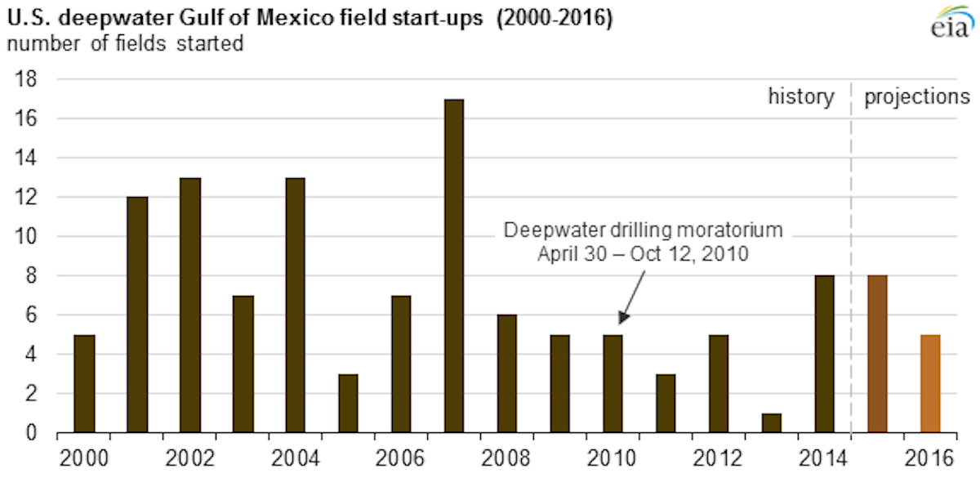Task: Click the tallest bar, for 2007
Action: (455, 266)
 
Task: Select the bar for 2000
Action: (84, 383)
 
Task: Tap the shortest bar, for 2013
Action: (772, 422)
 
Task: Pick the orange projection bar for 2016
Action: (930, 383)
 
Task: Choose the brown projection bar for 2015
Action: (877, 354)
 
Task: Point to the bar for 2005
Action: (349, 403)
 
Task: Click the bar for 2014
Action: (825, 354)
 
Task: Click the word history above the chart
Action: (801, 97)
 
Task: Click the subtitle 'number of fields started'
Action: (125, 44)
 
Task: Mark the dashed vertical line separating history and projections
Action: (851, 245)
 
